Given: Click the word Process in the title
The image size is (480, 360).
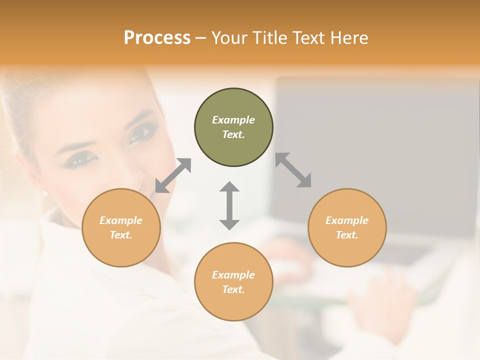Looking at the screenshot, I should click(x=157, y=38).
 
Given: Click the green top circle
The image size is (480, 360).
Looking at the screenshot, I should click(x=233, y=127).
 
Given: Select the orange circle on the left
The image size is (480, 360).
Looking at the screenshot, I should click(x=121, y=227).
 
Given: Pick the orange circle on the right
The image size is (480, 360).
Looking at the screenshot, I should click(x=347, y=227).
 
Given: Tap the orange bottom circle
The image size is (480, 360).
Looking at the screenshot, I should click(x=233, y=281).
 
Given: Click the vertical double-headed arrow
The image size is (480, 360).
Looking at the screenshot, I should click(x=229, y=205).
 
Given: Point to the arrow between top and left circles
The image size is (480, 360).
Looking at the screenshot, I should click(x=173, y=175).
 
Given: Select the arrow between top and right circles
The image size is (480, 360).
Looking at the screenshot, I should click(x=293, y=170).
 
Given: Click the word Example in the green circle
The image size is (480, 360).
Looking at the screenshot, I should click(x=233, y=120).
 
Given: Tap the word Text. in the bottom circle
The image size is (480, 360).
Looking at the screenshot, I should click(x=233, y=289).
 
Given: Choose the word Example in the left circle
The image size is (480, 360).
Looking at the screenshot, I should click(x=121, y=220).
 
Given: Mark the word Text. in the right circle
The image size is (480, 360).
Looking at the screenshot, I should click(x=347, y=235).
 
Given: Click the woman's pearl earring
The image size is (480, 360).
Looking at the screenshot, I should click(x=44, y=192).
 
